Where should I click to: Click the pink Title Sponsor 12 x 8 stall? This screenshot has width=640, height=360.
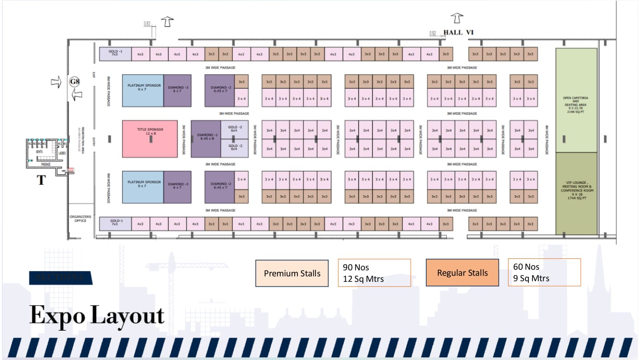(x=150, y=139)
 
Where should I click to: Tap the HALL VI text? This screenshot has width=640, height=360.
(x=458, y=32)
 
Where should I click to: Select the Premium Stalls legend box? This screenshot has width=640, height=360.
(x=292, y=273)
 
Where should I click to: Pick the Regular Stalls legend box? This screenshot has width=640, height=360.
(x=462, y=273)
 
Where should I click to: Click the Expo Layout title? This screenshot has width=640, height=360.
(x=97, y=316)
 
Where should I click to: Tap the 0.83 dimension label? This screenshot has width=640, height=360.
(x=147, y=23)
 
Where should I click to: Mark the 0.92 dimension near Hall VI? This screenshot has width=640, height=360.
(x=433, y=33)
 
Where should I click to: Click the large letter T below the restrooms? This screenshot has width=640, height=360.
(x=41, y=180)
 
